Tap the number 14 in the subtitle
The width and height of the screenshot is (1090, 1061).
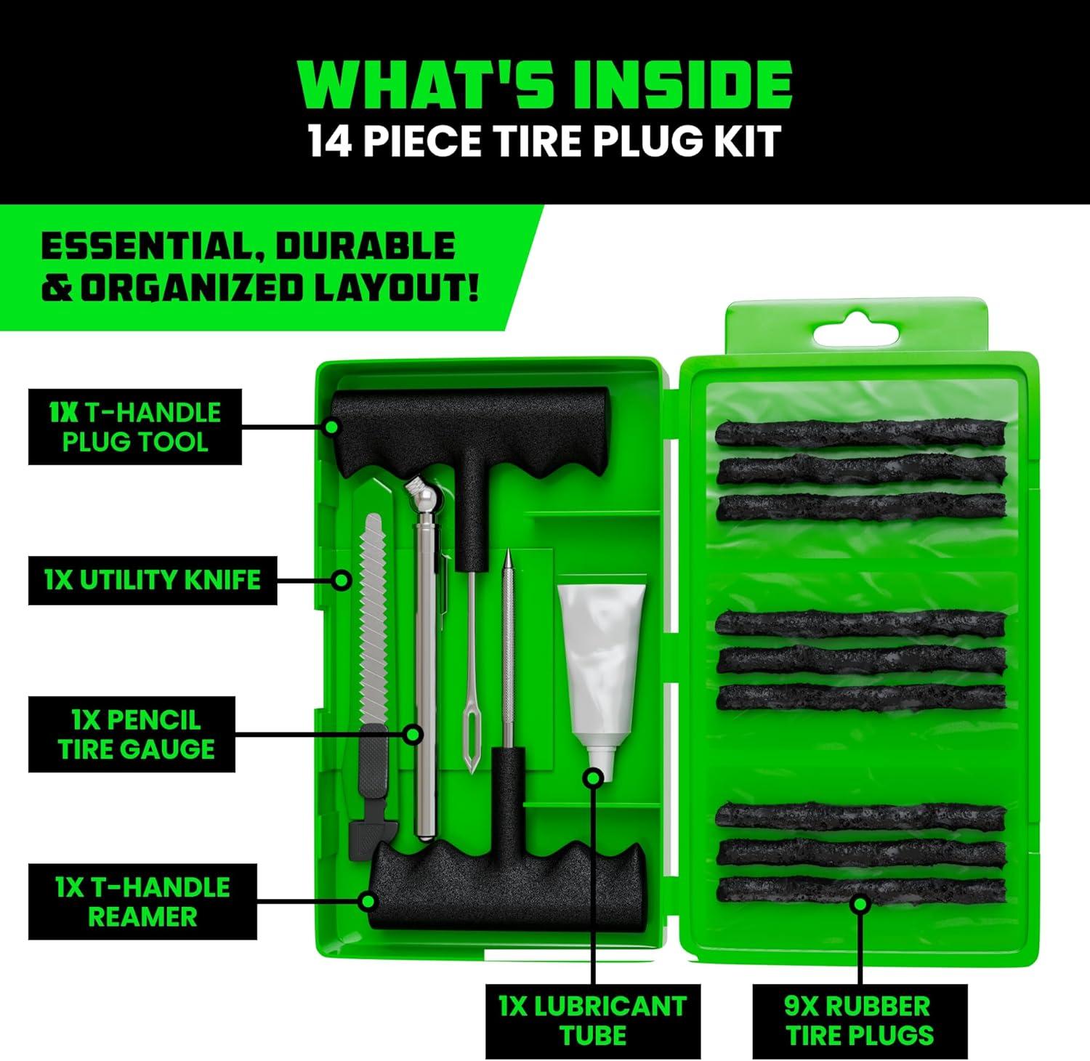331,141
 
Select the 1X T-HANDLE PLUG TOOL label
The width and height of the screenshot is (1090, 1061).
134,427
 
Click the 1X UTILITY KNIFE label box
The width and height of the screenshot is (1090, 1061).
153,581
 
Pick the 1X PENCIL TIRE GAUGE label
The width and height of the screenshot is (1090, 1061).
132,735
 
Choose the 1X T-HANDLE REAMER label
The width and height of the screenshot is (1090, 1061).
142,902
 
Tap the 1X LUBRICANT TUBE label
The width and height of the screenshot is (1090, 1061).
593,1021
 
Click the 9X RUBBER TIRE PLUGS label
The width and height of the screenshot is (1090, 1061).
860,1021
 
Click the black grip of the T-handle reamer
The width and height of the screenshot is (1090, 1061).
509,890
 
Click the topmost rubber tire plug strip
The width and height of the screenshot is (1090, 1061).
860,434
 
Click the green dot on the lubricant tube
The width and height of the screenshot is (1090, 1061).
594,778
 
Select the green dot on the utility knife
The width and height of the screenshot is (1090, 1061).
342,581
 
